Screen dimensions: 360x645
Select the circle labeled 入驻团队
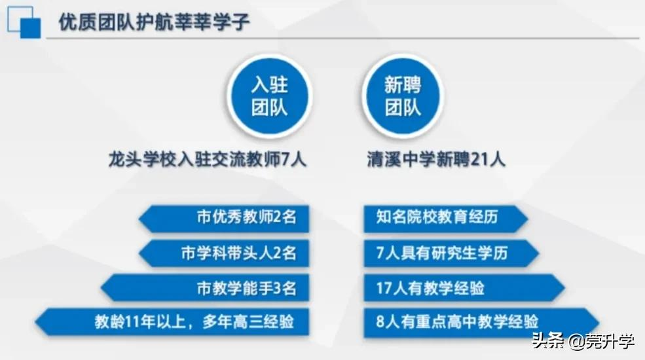pos(269,96)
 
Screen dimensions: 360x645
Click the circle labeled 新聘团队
pos(402,96)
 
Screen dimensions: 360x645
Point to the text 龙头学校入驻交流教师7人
pos(208,159)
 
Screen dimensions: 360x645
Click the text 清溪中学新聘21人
pos(436,159)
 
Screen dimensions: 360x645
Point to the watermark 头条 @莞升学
pos(582,342)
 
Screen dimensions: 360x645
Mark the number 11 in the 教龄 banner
pos(125,321)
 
